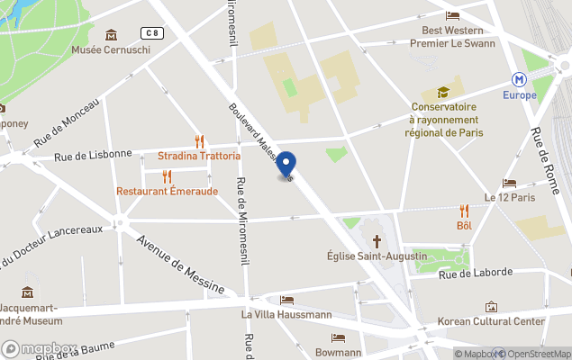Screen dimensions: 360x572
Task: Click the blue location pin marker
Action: click(x=286, y=165)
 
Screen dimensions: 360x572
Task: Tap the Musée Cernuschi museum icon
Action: click(x=111, y=35)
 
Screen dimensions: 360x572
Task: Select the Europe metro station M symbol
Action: click(x=519, y=79)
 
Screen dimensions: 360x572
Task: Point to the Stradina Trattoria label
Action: click(x=199, y=156)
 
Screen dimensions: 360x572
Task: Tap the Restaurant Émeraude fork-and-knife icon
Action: click(x=167, y=176)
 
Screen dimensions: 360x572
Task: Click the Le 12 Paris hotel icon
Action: click(x=509, y=183)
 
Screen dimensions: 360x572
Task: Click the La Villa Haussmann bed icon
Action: click(x=286, y=301)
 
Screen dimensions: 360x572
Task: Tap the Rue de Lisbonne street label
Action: click(x=93, y=155)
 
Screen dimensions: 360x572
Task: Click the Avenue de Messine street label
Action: click(x=180, y=265)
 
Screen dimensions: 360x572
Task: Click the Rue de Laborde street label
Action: click(x=476, y=273)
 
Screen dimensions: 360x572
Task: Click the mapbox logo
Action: click(x=39, y=348)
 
